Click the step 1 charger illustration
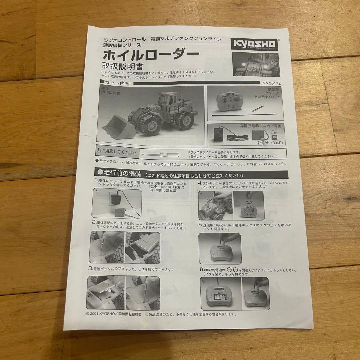pyautogui.click(x=117, y=203)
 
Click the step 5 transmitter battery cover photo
pyautogui.click(x=220, y=248)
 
